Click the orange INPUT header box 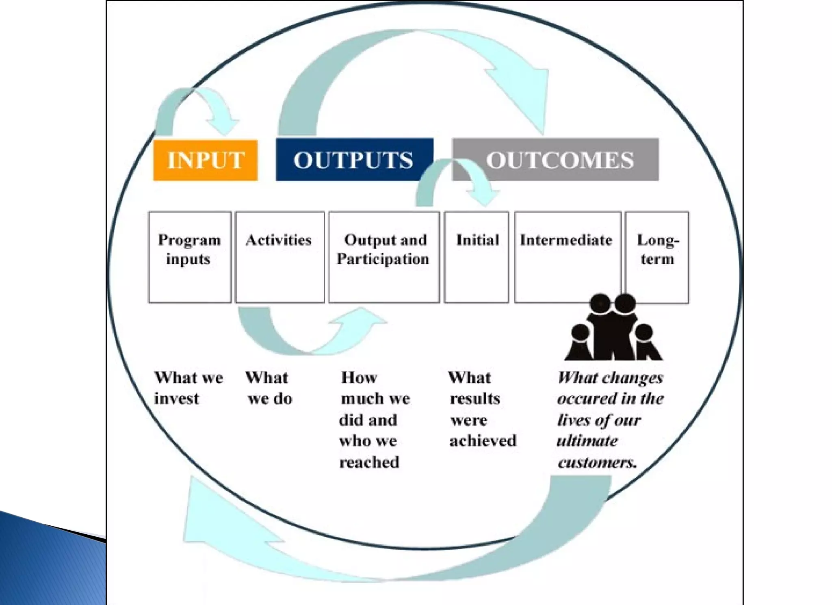(x=205, y=160)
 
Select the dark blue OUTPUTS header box (x=354, y=160)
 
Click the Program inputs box (x=190, y=257)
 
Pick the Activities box (x=279, y=257)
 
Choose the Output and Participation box (x=384, y=257)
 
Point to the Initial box (x=477, y=257)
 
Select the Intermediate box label (x=566, y=240)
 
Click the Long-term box (x=657, y=257)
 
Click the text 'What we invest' (x=188, y=388)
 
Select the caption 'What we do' (x=269, y=388)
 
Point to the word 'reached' (x=369, y=462)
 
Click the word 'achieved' (x=483, y=441)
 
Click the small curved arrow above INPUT (x=195, y=108)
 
